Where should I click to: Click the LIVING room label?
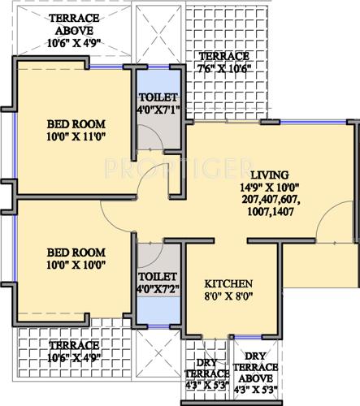coord(269,175)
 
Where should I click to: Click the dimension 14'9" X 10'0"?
coord(269,187)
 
